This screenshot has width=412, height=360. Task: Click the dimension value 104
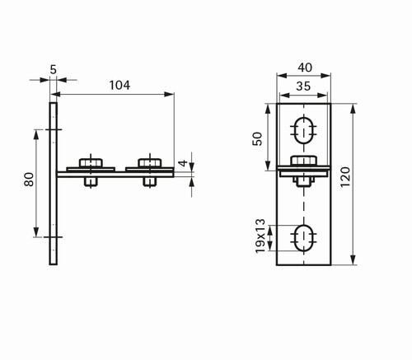[119, 85]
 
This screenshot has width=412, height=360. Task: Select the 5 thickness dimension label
[54, 69]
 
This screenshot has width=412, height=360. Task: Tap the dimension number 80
[29, 180]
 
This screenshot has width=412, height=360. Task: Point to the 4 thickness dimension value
[183, 163]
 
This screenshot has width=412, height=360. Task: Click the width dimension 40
[305, 68]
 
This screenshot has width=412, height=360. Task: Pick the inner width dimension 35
[303, 86]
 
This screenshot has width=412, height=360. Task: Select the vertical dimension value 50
[258, 138]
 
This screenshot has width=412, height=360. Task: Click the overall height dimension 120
[345, 177]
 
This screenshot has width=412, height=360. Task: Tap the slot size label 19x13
[260, 236]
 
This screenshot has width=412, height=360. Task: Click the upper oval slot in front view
[303, 130]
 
